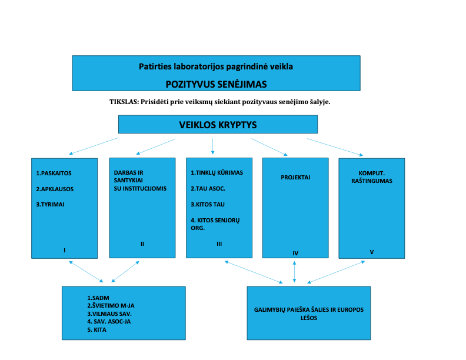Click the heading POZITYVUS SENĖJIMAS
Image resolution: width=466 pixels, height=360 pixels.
coord(216,83)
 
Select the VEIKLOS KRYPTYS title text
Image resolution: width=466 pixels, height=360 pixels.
coord(218,125)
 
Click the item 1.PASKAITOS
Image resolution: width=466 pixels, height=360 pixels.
coord(54,174)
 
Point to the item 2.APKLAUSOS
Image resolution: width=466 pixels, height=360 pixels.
coord(55,189)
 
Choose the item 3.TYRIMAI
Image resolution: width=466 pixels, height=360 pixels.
coord(51,204)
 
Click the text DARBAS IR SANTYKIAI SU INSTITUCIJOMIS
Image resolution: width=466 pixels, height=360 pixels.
coord(140,181)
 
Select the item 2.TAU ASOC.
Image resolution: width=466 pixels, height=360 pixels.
coord(208,189)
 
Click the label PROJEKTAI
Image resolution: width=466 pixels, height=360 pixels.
coord(295,177)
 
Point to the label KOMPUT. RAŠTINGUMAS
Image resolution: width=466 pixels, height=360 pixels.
coord(371,177)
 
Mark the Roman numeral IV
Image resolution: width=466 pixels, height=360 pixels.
coord(295,254)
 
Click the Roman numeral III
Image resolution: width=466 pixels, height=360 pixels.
coord(219,244)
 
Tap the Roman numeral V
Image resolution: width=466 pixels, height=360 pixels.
coord(372,252)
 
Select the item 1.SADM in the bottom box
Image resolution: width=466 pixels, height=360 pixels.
coord(99,298)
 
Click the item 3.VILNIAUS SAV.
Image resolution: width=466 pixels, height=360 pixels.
coord(109,314)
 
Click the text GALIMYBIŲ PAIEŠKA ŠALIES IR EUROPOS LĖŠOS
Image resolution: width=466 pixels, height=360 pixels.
coord(309,313)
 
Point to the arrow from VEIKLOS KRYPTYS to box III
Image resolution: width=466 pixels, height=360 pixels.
coord(212,145)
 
